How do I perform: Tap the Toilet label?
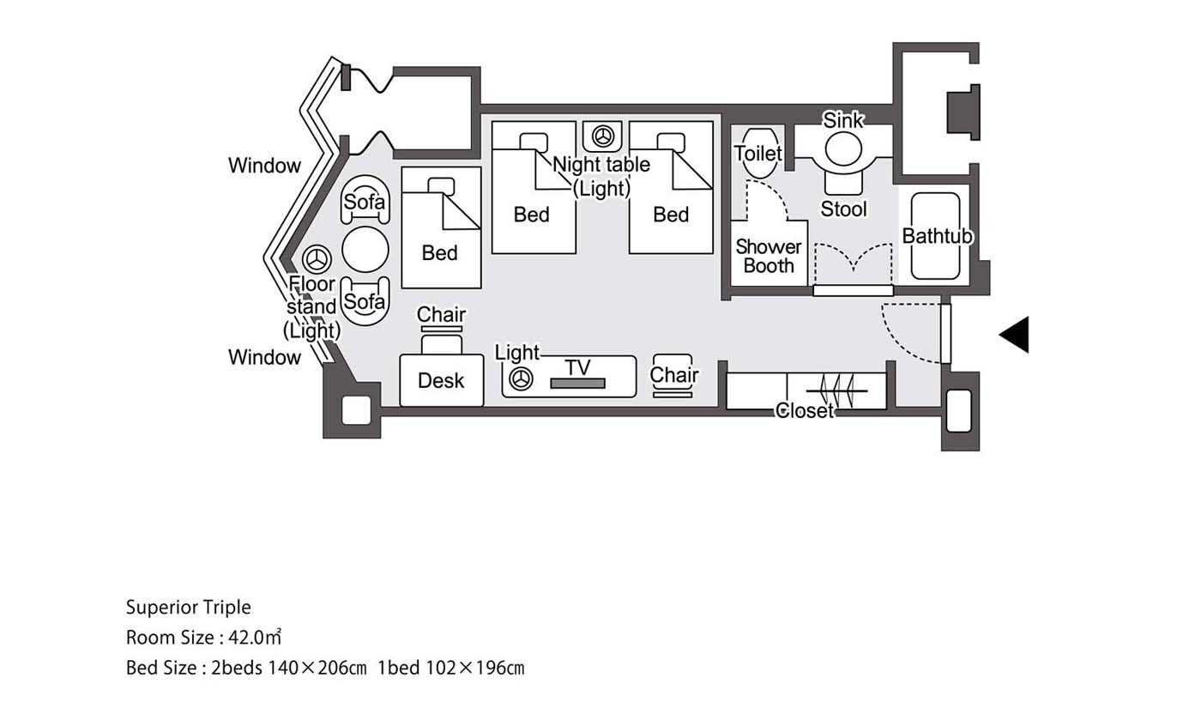coord(757,154)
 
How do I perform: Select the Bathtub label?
coord(937,236)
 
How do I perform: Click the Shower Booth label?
coord(769,257)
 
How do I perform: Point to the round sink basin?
coord(843,149)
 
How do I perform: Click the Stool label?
coord(843,209)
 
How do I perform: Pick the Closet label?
coord(805,410)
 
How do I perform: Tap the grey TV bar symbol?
coord(578,383)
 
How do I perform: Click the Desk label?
coord(441,381)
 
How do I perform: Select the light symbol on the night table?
coord(602,136)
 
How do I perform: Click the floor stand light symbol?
coord(317,259)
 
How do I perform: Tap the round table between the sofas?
coord(365,250)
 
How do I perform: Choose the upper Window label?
coord(264,165)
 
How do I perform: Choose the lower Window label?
coord(264,357)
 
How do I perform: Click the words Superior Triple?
coord(188,608)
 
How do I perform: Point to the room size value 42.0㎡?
coord(255,637)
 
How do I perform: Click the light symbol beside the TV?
coord(521,379)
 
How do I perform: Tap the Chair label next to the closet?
coord(674,374)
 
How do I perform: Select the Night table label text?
coord(601,164)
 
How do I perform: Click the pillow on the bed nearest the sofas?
coord(441,186)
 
